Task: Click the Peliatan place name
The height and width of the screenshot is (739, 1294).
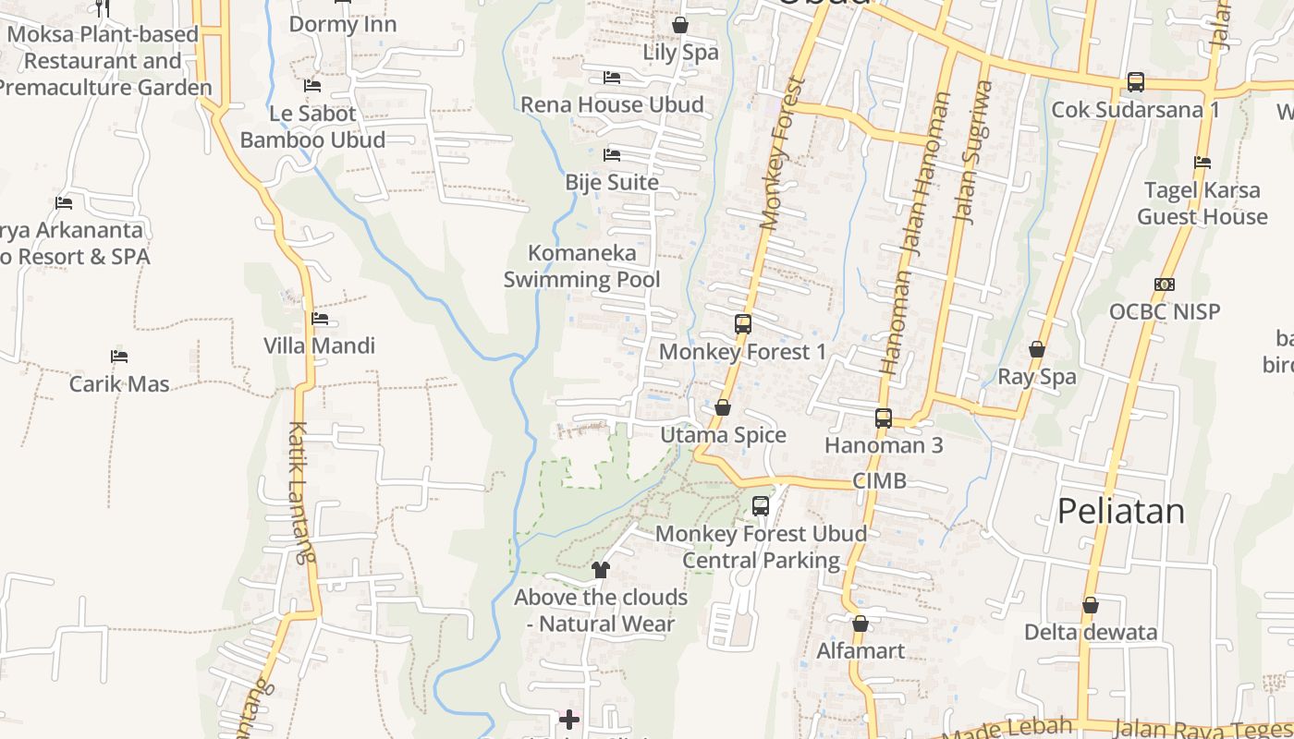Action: (1120, 511)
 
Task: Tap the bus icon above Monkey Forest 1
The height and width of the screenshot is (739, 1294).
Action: (743, 324)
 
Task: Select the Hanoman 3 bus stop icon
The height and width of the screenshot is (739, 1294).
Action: (884, 418)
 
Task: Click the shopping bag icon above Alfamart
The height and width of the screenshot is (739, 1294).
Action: (861, 624)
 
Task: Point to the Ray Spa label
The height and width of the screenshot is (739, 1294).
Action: (1037, 377)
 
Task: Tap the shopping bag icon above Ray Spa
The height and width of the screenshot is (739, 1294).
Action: (1037, 349)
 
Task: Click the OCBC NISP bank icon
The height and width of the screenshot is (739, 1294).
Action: (1165, 285)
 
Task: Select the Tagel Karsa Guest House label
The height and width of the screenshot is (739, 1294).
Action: (1202, 203)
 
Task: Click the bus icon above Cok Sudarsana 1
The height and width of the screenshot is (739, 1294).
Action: (1136, 82)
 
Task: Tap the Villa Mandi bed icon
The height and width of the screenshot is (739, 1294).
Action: (320, 319)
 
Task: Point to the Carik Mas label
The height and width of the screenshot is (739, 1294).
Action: (119, 383)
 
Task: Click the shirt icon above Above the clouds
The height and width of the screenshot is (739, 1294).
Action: (601, 569)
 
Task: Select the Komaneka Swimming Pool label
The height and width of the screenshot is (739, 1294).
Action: (582, 266)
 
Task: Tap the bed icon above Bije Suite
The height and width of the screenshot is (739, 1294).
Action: (612, 155)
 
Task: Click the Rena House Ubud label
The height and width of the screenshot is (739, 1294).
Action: (612, 104)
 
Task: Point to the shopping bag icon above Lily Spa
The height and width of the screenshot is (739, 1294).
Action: (680, 25)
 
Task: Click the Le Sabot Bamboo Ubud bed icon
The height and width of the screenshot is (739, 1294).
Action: (312, 86)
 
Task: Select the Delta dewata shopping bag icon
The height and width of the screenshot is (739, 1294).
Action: (1091, 605)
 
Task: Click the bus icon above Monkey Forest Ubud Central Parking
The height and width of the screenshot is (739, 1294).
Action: (761, 506)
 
